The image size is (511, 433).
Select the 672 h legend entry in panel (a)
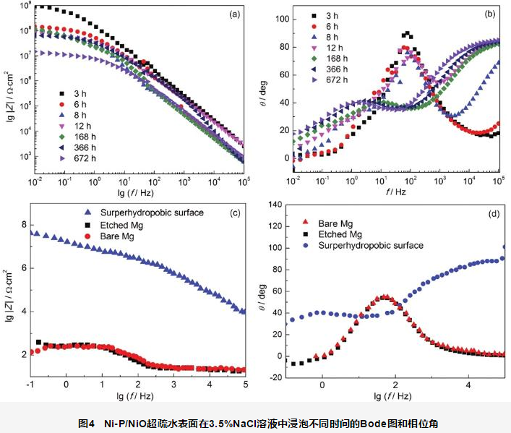tap(80, 158)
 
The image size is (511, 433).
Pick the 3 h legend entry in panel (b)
tap(326, 15)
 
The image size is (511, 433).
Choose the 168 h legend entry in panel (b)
tap(330, 58)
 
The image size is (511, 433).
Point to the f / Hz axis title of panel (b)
tap(396, 192)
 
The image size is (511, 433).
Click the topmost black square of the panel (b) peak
tap(408, 33)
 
